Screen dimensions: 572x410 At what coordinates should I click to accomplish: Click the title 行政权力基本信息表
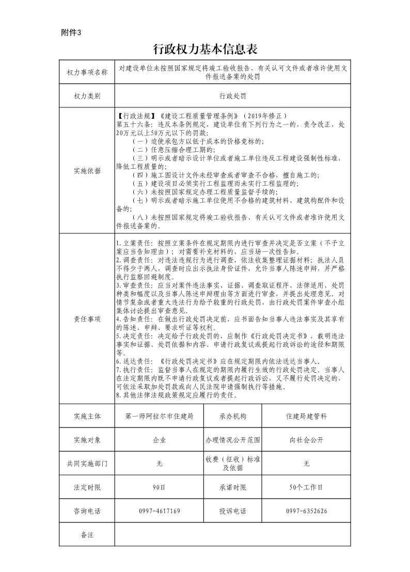point(206,49)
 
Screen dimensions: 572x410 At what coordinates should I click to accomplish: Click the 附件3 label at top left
point(71,33)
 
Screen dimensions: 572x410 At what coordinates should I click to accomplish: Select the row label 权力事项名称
point(87,73)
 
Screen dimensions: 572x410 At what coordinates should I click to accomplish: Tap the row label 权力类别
point(87,96)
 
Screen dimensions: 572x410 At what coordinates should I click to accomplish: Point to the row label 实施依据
point(87,171)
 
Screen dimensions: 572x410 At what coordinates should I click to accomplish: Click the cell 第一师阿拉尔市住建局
point(159,416)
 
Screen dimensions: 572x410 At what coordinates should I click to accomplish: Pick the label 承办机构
point(233,416)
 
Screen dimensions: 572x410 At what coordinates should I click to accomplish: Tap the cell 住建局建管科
point(306,416)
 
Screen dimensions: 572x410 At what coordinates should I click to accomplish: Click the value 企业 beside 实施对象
point(159,440)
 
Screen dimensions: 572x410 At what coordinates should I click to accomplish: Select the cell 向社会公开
point(306,440)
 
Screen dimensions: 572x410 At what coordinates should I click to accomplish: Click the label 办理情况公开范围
point(233,440)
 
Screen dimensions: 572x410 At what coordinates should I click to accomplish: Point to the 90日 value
point(159,487)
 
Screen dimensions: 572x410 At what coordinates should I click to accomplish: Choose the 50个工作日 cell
point(306,487)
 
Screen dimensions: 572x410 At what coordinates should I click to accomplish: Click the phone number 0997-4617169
point(159,511)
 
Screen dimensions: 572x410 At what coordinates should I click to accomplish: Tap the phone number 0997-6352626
point(306,511)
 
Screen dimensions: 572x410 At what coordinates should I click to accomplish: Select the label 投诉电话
point(233,511)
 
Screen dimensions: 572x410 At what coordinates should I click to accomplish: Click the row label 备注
point(87,535)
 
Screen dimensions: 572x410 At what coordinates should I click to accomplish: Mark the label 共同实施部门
point(87,464)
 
